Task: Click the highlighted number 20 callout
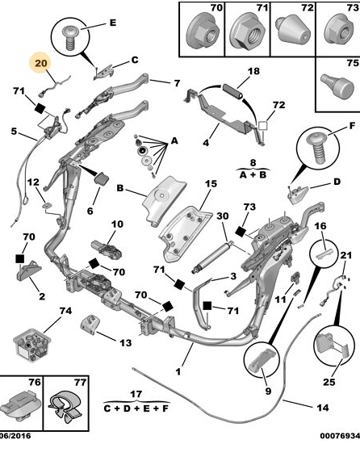click(x=40, y=64)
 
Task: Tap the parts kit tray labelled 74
click(x=31, y=345)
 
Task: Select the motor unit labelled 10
click(x=107, y=249)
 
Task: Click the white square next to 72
click(x=262, y=125)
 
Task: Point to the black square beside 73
click(x=240, y=232)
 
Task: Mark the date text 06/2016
click(x=15, y=436)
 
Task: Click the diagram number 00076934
click(x=340, y=436)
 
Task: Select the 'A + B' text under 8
click(x=253, y=174)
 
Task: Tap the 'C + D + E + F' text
click(x=136, y=408)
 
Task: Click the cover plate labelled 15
click(x=185, y=234)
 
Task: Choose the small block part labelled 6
click(x=102, y=178)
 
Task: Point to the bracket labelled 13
click(x=90, y=324)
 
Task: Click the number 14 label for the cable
click(x=322, y=408)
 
